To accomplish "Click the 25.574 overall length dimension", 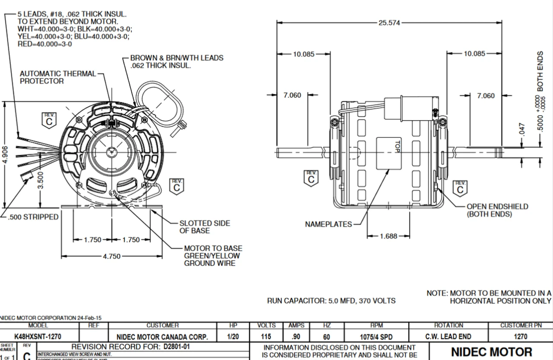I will pos(389,23).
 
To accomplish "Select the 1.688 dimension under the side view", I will pos(388,236).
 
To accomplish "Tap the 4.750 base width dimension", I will pos(112,256).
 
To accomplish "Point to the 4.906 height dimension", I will pos(4,154).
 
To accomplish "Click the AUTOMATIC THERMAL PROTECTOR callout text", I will pos(58,77).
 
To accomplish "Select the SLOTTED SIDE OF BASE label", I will pos(204,227).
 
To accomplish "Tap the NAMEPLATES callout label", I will pos(328,224).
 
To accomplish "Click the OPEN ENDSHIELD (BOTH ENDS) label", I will pos(497,210).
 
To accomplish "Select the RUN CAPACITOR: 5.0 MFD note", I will pos(331,300).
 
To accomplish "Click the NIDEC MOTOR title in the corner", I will pos(492,352).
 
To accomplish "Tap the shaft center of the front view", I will pos(112,152).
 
